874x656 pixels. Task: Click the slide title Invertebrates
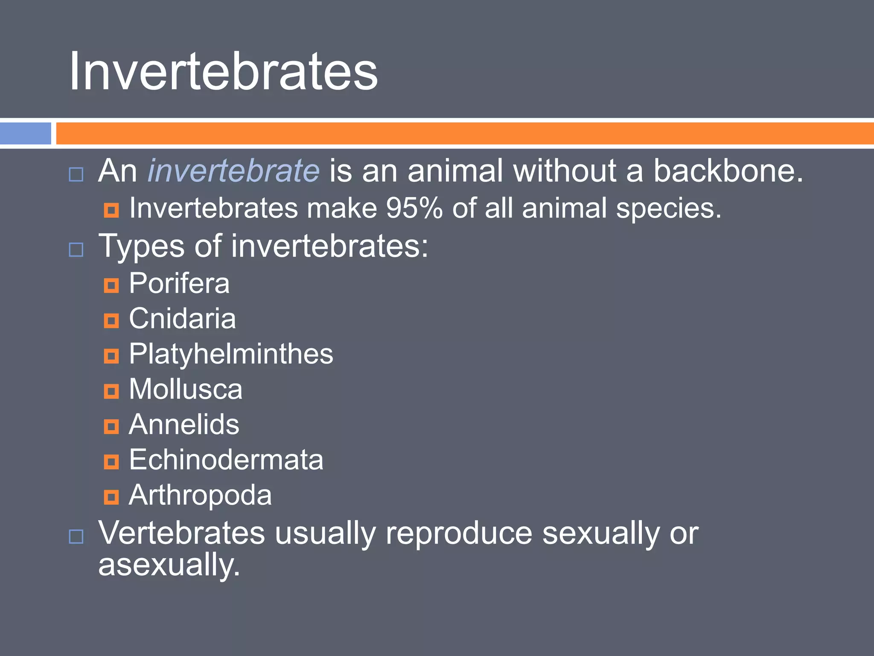pos(223,71)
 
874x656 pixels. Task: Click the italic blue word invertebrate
pos(233,171)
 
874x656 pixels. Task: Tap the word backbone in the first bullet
pos(728,171)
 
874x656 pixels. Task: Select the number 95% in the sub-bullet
pos(414,208)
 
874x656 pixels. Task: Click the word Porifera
pos(179,283)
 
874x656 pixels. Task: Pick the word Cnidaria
pos(182,319)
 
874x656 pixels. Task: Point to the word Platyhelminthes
pos(231,354)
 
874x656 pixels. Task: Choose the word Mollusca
pos(186,389)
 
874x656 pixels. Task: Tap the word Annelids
pos(184,425)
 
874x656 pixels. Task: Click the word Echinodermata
pos(226,460)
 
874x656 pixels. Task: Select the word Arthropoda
pos(200,495)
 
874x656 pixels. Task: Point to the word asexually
pos(169,565)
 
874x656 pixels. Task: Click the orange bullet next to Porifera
pos(111,285)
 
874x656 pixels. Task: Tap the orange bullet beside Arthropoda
pos(111,497)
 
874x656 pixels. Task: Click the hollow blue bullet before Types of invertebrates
pos(76,249)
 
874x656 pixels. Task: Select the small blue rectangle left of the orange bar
pos(26,133)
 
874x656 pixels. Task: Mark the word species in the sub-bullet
pos(668,209)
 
